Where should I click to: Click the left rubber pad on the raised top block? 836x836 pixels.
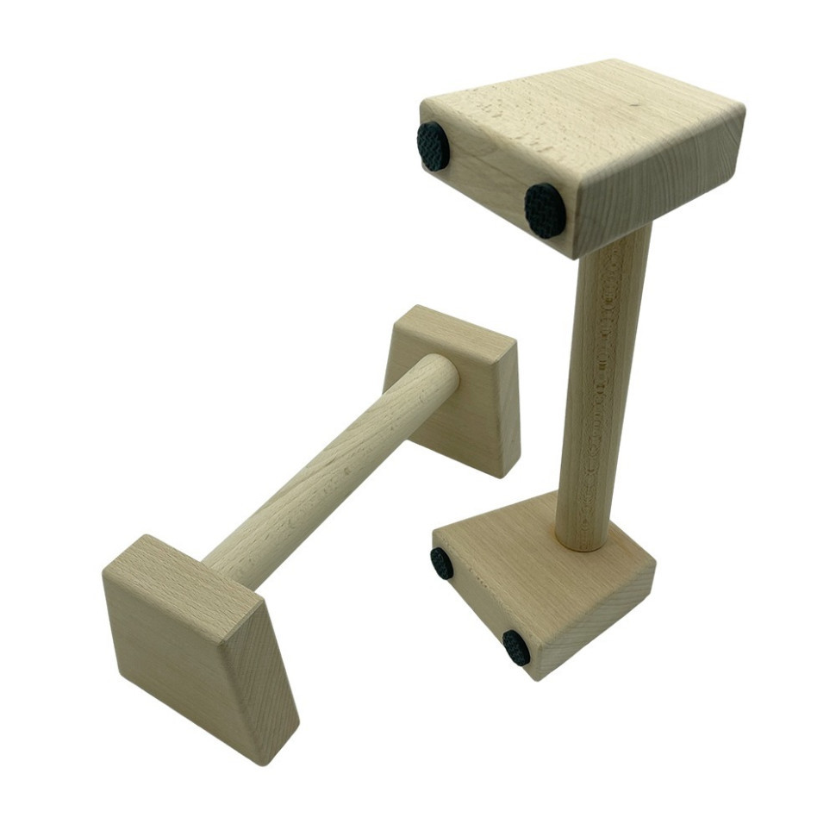(x=433, y=146)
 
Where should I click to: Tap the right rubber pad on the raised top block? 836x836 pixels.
(x=546, y=210)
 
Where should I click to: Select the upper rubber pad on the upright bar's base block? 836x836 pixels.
(x=442, y=563)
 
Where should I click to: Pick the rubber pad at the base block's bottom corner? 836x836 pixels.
(x=516, y=647)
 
